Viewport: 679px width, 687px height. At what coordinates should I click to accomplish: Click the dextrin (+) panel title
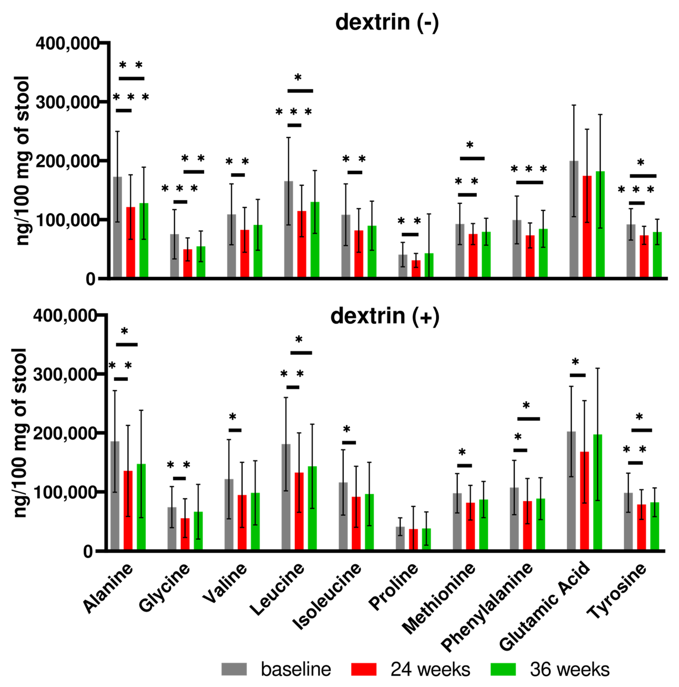[x=385, y=316]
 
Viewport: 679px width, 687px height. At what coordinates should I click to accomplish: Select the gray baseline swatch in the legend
[x=234, y=669]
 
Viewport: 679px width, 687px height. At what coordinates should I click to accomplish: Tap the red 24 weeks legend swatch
[x=363, y=669]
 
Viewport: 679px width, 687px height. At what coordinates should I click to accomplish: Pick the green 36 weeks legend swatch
[x=503, y=669]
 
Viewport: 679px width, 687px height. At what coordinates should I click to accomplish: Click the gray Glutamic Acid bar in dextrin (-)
[x=574, y=219]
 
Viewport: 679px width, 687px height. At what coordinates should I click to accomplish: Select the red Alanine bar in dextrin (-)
[x=131, y=242]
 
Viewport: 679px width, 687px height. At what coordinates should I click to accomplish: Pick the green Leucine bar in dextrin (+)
[x=312, y=508]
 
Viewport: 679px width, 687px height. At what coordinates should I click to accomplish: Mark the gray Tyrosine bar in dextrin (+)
[x=628, y=521]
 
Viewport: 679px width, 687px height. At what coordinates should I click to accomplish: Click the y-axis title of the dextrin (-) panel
[x=22, y=160]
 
